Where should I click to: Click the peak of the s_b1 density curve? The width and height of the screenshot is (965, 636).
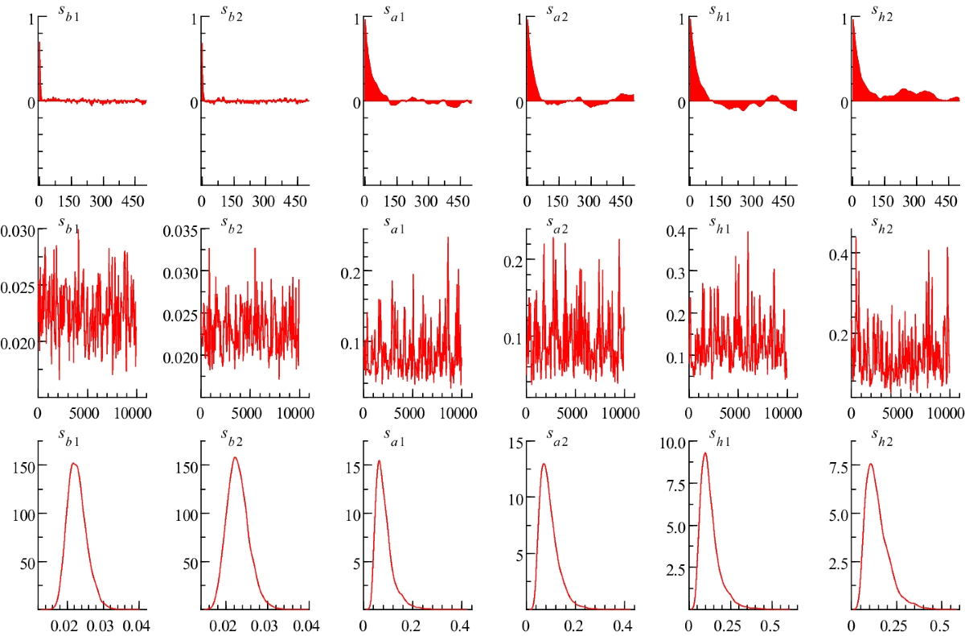click(x=73, y=464)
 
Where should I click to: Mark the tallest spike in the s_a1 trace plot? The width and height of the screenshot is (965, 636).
click(x=447, y=237)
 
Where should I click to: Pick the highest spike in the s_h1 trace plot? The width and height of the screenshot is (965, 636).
click(x=748, y=233)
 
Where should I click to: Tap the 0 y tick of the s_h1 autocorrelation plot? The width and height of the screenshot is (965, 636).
click(x=680, y=102)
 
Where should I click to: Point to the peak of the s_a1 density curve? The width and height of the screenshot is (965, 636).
click(x=379, y=461)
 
